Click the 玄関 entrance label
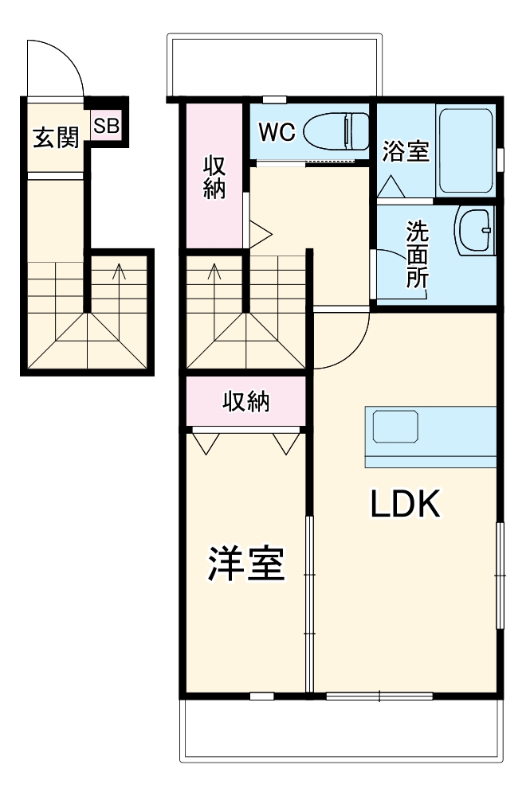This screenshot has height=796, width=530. [x=55, y=137]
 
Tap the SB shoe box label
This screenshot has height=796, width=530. [x=106, y=126]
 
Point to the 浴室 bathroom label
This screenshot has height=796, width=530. [x=406, y=151]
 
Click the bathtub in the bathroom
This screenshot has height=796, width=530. [x=465, y=150]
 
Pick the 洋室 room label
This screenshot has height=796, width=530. [x=246, y=564]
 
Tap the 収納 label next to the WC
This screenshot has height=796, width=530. [x=214, y=178]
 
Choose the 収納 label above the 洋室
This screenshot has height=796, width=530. [x=245, y=402]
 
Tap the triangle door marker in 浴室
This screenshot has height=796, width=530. [x=391, y=188]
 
